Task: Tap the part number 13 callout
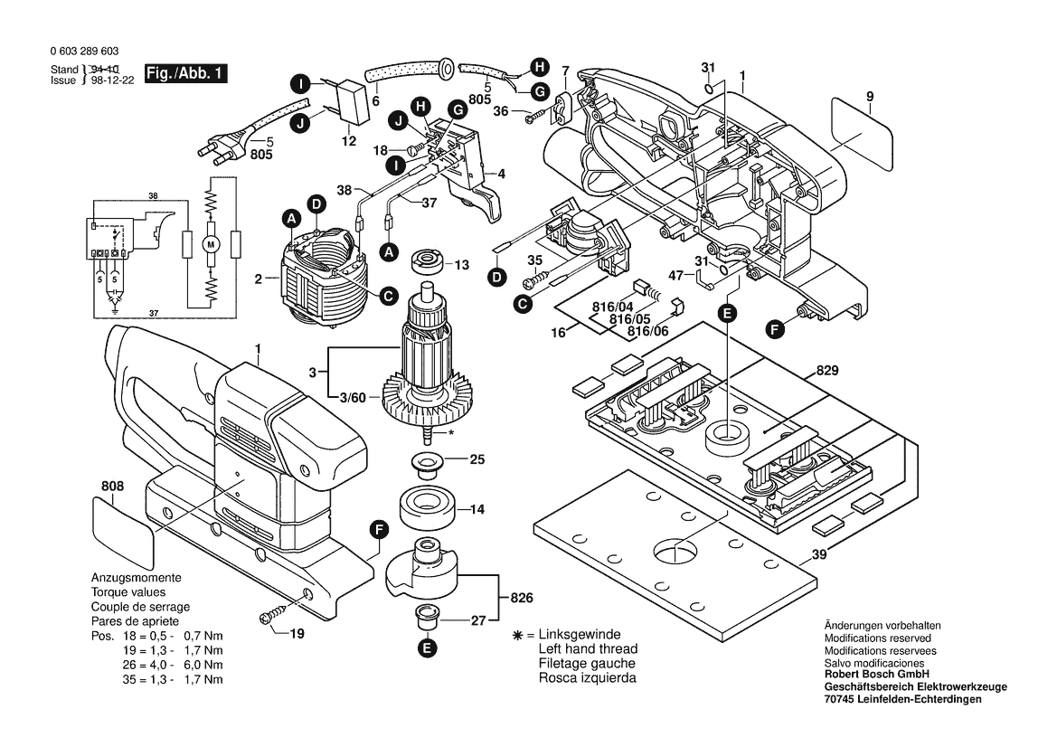point(462,265)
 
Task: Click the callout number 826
point(522,599)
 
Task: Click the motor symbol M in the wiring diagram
point(212,243)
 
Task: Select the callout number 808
point(112,486)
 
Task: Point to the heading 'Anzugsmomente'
point(136,578)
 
